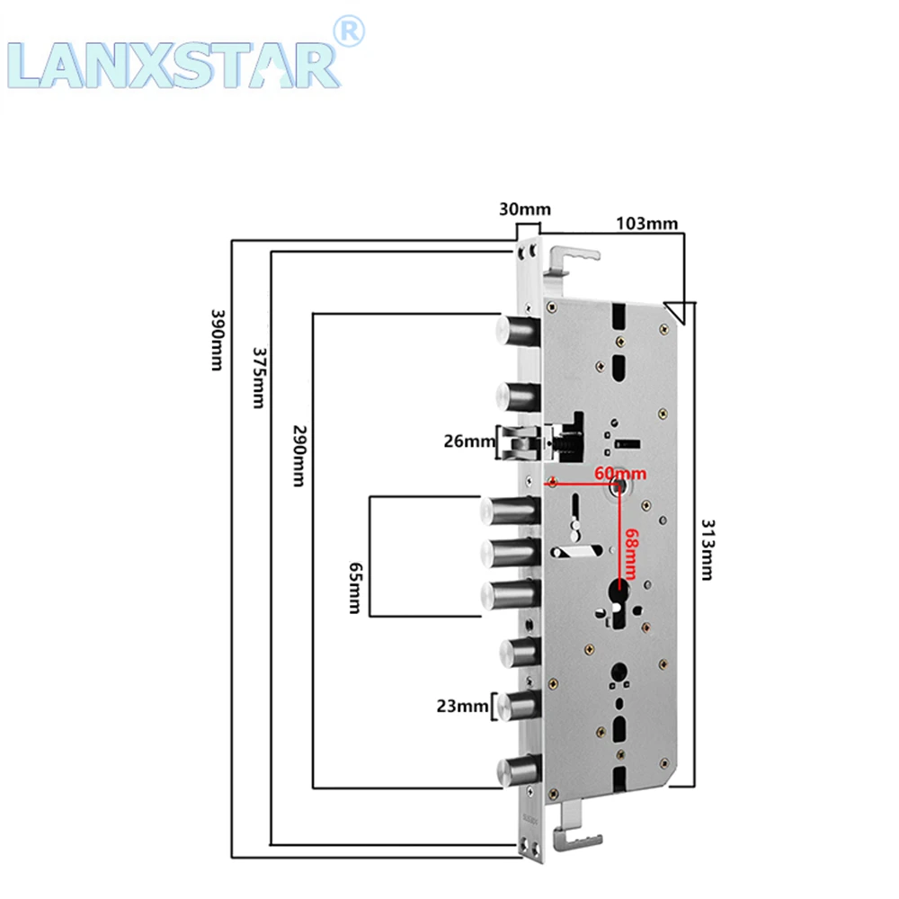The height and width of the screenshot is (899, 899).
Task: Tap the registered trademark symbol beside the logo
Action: (x=349, y=31)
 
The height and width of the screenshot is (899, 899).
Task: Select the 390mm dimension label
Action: (x=218, y=340)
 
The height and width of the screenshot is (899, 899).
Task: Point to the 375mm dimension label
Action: (x=259, y=378)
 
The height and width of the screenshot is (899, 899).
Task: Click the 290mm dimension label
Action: (x=299, y=456)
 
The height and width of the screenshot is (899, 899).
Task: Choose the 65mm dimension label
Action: (x=355, y=588)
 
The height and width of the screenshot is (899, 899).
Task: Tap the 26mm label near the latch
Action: (x=469, y=441)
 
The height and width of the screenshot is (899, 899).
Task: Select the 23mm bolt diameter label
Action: (x=462, y=706)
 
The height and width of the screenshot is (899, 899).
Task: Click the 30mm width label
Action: (x=525, y=209)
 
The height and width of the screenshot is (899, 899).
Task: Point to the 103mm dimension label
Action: (x=646, y=223)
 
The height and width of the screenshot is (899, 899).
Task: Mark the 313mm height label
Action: (x=708, y=550)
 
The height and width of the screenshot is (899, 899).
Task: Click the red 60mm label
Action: (x=620, y=474)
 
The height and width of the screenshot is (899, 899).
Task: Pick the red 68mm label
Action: (x=631, y=554)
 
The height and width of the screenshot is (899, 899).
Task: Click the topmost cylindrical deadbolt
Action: (x=518, y=332)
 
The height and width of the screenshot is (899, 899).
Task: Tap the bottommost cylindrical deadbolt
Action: (x=519, y=770)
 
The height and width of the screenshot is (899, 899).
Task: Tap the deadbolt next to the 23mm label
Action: (x=519, y=707)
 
